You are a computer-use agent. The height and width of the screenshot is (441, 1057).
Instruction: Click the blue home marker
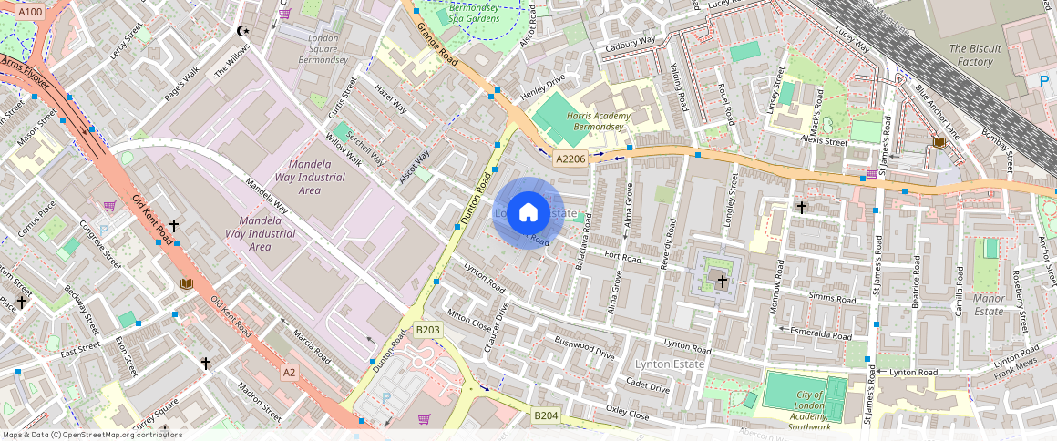(528, 213)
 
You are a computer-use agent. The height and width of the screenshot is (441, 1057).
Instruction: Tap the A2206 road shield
(570, 159)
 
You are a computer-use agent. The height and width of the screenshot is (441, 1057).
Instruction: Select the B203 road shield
(427, 330)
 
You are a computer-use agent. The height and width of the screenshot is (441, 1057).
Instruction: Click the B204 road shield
(546, 415)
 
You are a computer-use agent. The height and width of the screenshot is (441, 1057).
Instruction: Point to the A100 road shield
(30, 12)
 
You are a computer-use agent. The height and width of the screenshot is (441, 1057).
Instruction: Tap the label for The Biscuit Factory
(975, 56)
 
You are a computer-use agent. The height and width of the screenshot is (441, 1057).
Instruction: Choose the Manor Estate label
(989, 304)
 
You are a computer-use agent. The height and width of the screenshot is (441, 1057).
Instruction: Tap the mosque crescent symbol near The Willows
(242, 31)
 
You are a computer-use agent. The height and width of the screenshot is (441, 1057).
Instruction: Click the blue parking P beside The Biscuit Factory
(1044, 81)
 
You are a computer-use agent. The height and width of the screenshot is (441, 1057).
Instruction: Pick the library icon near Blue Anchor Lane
(939, 142)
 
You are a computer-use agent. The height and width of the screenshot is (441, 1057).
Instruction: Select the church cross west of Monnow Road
(723, 282)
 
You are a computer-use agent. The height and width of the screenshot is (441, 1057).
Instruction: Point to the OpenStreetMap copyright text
(93, 435)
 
